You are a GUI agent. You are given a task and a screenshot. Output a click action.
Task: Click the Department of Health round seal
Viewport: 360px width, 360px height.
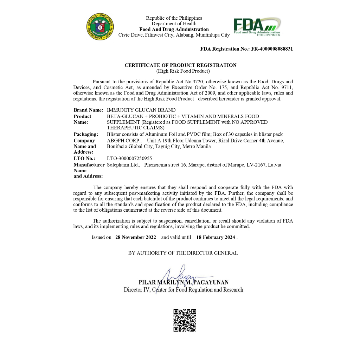click(x=100, y=26)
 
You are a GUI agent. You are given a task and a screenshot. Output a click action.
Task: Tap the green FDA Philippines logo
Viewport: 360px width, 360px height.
click(x=257, y=27)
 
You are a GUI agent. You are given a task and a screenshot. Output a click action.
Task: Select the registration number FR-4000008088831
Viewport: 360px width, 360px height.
click(x=272, y=49)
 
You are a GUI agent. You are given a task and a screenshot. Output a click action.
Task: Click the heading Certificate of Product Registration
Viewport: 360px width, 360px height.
click(x=180, y=65)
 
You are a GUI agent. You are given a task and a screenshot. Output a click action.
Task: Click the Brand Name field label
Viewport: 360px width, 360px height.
click(x=88, y=110)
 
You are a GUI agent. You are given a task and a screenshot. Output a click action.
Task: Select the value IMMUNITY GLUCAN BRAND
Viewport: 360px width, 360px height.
click(x=141, y=110)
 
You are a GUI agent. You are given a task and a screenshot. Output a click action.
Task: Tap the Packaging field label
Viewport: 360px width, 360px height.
click(x=86, y=134)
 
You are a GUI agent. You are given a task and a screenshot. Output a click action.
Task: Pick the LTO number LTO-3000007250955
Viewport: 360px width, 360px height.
click(x=129, y=159)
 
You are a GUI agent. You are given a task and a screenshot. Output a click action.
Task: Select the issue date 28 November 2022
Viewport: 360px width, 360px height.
click(x=135, y=237)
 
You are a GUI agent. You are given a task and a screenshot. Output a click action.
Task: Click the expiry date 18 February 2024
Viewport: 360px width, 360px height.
click(x=216, y=237)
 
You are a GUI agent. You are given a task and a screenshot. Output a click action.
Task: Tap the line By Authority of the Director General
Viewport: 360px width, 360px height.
click(x=183, y=253)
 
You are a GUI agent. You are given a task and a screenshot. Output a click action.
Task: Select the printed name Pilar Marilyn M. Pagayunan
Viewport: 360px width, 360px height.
click(x=184, y=282)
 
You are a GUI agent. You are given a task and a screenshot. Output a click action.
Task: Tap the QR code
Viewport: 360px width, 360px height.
click(x=185, y=320)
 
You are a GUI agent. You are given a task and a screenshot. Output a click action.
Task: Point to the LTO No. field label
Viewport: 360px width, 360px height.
click(x=84, y=159)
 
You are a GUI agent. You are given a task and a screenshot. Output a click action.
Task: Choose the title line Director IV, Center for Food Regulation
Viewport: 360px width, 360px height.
click(x=183, y=290)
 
